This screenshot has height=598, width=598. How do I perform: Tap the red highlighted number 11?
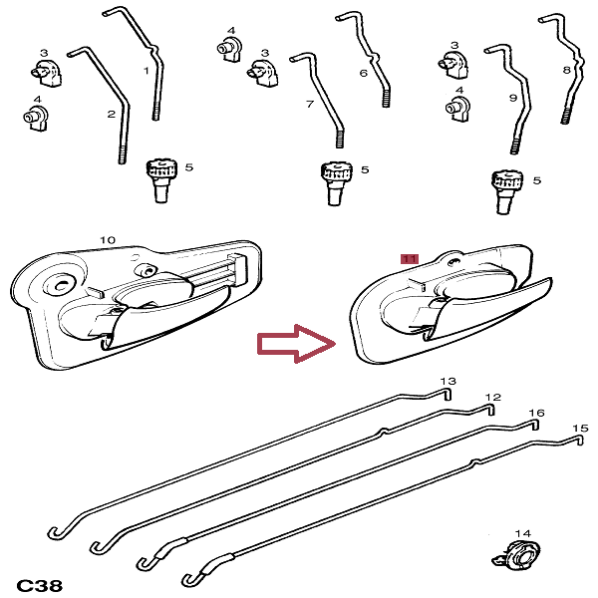pos(409,258)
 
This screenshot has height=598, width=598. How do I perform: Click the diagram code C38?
pos(39,585)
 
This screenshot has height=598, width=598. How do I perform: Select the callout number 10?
pos(109,240)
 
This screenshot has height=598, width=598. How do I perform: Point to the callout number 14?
pos(523,534)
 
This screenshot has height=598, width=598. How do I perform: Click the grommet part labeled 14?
pos(517,555)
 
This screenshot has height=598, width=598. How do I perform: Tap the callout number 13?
pos(448,382)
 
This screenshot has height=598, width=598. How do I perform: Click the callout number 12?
pos(491,398)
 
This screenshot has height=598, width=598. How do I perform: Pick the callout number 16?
pos(536,413)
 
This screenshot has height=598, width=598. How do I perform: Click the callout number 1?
pos(147,71)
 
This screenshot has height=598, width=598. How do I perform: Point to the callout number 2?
pos(112,115)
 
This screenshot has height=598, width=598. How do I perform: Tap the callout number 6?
pos(363,74)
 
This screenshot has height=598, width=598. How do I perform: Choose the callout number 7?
pos(310,104)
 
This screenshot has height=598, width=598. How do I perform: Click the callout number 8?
pos(566,71)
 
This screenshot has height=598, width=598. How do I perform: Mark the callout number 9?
pos(512,98)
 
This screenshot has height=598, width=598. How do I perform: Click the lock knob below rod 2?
pos(160,178)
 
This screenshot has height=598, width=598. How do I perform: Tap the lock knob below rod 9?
pos(505,189)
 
